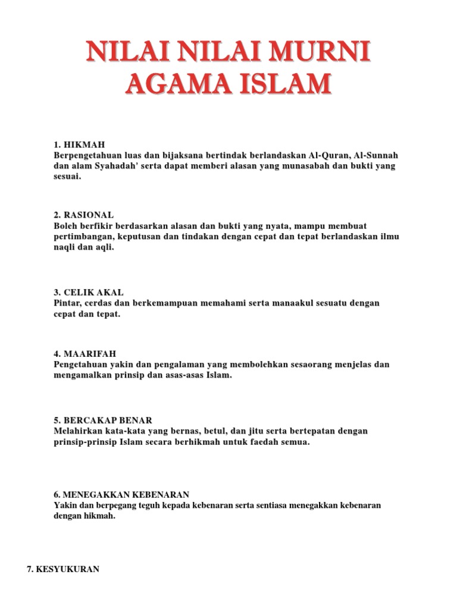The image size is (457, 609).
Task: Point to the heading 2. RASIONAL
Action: (x=83, y=215)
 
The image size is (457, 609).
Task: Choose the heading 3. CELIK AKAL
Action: (x=89, y=293)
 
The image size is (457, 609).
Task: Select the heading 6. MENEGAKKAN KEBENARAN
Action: (x=121, y=495)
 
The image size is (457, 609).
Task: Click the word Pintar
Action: (x=67, y=303)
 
